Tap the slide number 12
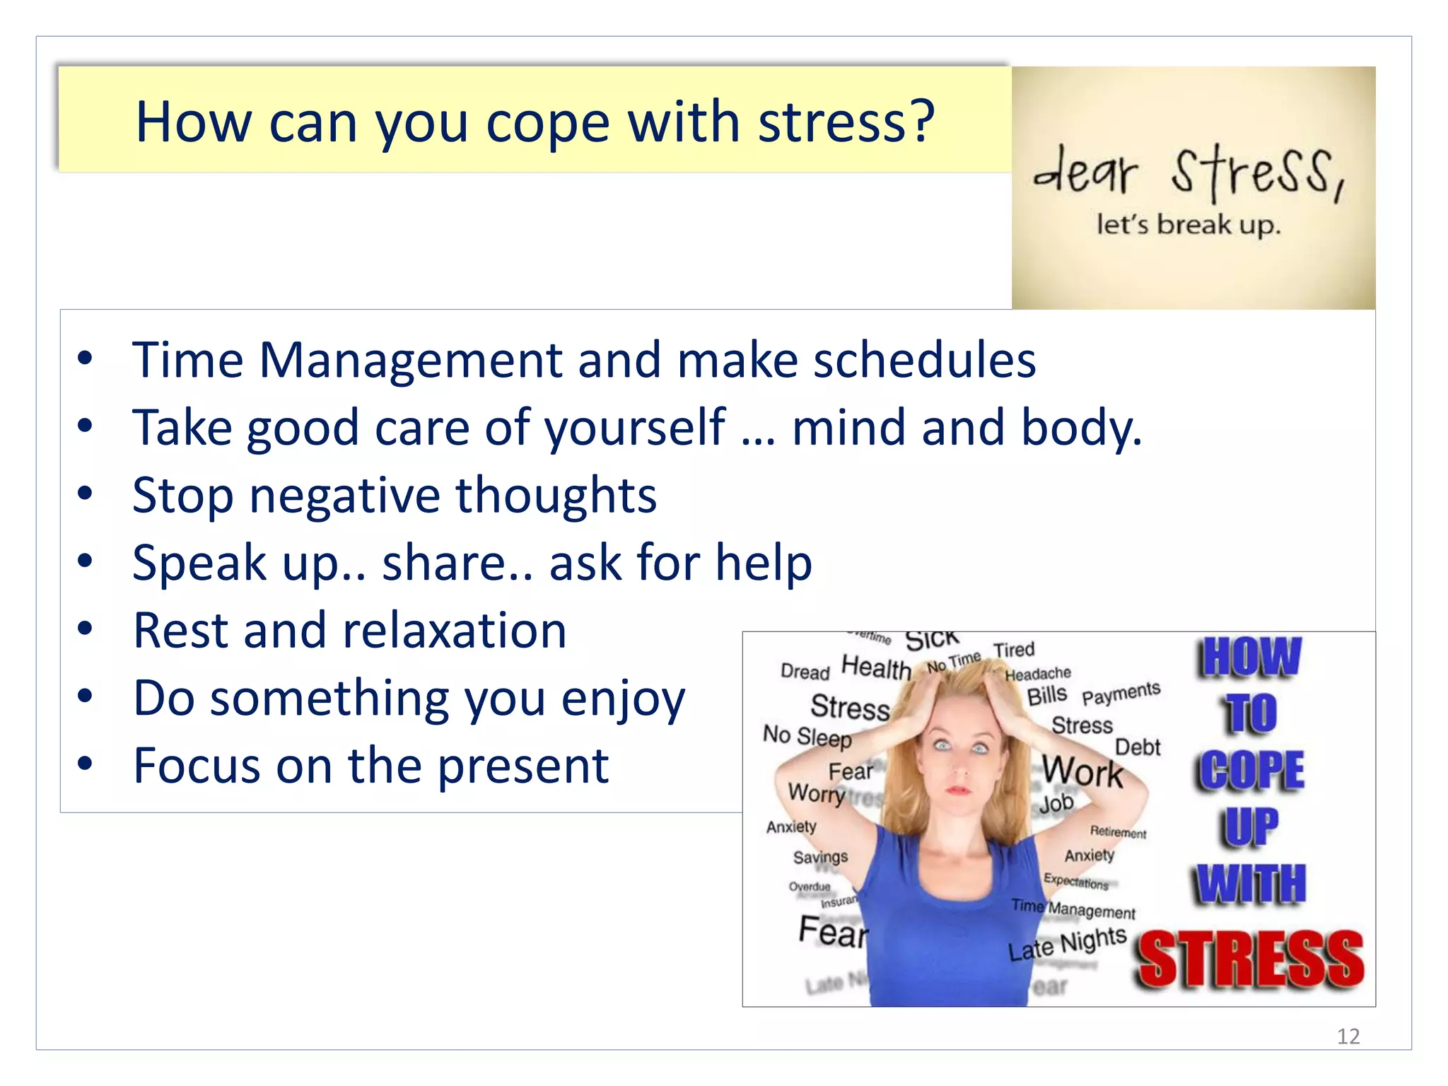1348,1037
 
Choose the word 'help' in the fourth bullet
764,563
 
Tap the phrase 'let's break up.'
1188,226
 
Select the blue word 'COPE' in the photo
1251,770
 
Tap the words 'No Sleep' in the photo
807,737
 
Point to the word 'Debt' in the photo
1137,747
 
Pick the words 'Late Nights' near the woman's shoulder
1067,945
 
